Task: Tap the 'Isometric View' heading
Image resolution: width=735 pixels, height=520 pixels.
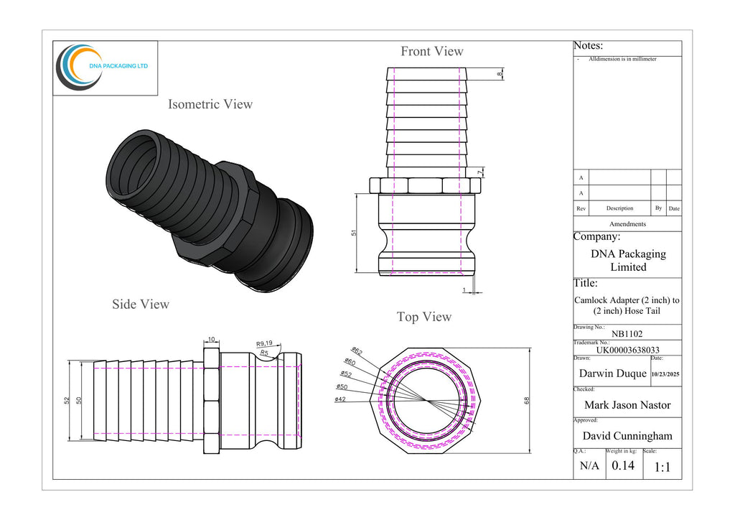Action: click(210, 104)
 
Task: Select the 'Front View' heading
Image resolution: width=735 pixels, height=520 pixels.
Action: click(431, 51)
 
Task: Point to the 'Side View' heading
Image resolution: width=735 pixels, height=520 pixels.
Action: click(141, 305)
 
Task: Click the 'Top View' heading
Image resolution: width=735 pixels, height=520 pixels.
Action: click(424, 317)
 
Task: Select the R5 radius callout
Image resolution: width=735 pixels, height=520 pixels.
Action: click(264, 353)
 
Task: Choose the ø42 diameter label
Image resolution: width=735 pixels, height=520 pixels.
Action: click(340, 399)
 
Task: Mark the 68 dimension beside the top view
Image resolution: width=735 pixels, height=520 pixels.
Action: click(527, 400)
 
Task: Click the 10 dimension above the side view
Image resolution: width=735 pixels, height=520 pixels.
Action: click(211, 339)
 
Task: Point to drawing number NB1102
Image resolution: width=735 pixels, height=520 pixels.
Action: click(627, 333)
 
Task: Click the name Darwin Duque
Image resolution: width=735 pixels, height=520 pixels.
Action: click(612, 373)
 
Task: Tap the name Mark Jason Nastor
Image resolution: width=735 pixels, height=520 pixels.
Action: click(627, 405)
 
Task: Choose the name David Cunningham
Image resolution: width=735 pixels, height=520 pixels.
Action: click(627, 436)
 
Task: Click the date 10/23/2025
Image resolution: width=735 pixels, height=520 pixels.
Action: click(665, 374)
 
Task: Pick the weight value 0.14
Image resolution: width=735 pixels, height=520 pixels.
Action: click(622, 465)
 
